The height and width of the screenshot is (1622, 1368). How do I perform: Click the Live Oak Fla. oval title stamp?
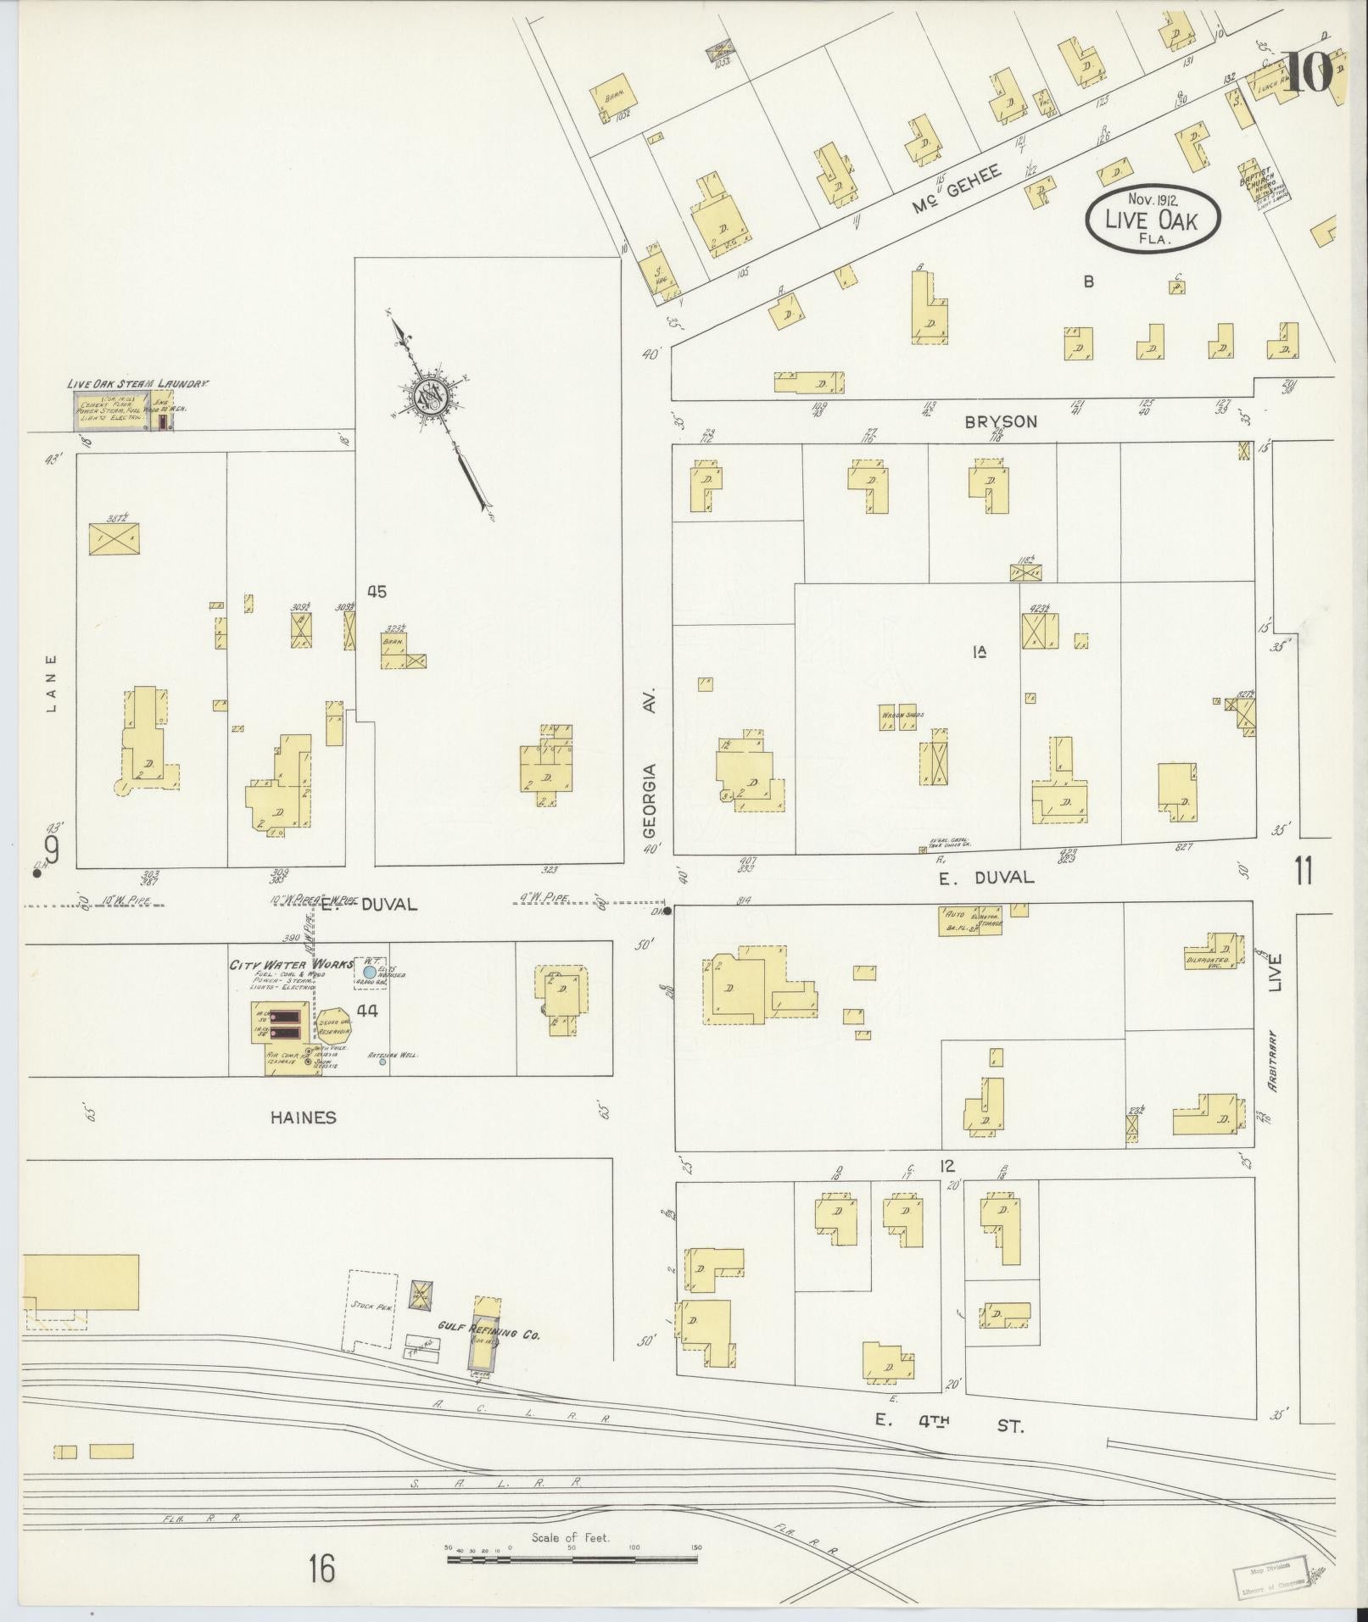tap(1153, 220)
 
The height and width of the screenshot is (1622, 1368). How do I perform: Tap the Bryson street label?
tap(1001, 421)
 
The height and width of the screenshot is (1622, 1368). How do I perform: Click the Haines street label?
tap(303, 1118)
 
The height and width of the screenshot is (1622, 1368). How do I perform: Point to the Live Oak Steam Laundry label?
tap(138, 384)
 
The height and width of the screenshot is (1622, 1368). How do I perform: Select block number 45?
tap(377, 592)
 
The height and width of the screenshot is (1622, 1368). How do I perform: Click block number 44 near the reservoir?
tap(367, 1010)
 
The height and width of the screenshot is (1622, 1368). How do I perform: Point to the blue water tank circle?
tap(370, 972)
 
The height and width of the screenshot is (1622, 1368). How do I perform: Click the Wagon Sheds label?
tap(902, 715)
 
